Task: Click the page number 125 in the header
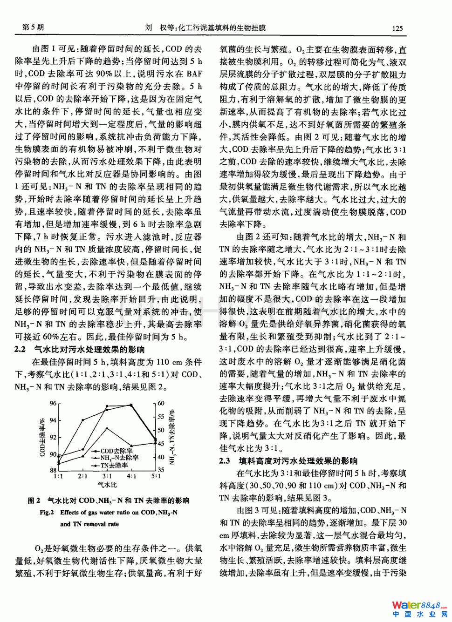tap(397, 28)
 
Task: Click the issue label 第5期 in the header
tap(33, 27)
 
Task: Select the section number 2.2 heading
tap(20, 349)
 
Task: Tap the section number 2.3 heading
tap(225, 461)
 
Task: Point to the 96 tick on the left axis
tap(53, 403)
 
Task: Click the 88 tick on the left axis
tap(53, 470)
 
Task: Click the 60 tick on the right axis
tap(161, 403)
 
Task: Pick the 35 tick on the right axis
tap(161, 470)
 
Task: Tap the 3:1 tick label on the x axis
tap(107, 476)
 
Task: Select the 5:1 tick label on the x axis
tap(156, 476)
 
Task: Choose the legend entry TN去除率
tap(114, 465)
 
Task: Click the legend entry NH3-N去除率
tap(119, 458)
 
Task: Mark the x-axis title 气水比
tap(107, 485)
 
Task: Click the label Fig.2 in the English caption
tap(47, 513)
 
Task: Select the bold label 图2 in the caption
tap(34, 500)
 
